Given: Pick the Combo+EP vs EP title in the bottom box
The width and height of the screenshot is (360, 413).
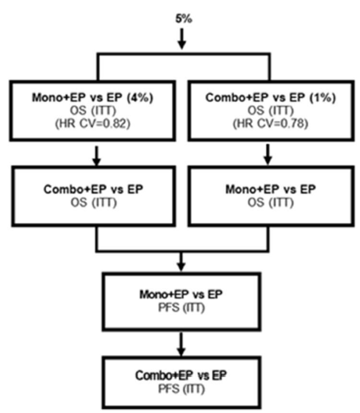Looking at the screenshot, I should (x=181, y=376).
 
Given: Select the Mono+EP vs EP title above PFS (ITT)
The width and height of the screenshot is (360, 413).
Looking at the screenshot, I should (x=181, y=293).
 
